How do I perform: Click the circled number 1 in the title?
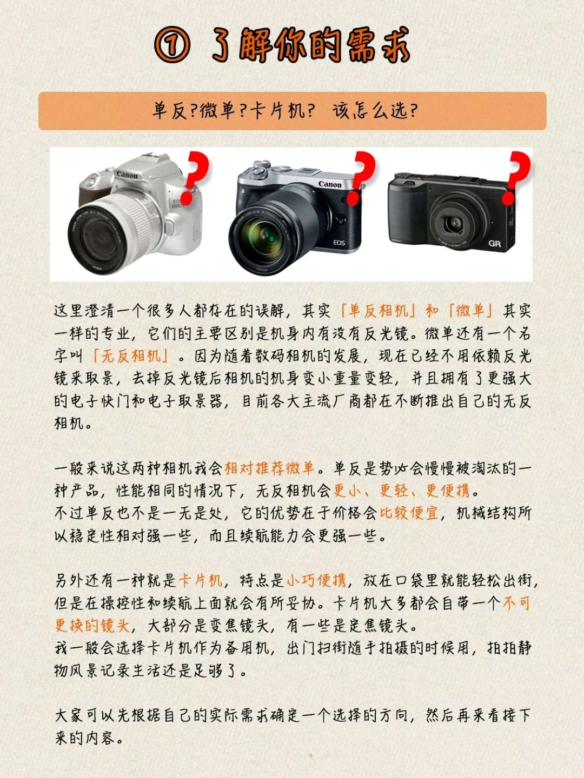(172, 46)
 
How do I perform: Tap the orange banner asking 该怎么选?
(292, 111)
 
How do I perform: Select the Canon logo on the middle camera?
(330, 184)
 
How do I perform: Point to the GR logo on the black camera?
(495, 244)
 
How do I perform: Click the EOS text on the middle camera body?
(339, 243)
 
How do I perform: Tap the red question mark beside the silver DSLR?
(194, 177)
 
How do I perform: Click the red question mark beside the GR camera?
(517, 177)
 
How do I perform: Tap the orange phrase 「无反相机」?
(130, 356)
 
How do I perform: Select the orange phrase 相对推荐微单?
(269, 468)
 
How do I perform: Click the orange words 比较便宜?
(409, 513)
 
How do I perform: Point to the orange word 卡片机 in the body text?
(200, 580)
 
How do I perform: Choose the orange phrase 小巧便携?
(316, 580)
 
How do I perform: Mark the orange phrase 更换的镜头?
(92, 625)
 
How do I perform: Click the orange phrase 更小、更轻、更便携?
(402, 491)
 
